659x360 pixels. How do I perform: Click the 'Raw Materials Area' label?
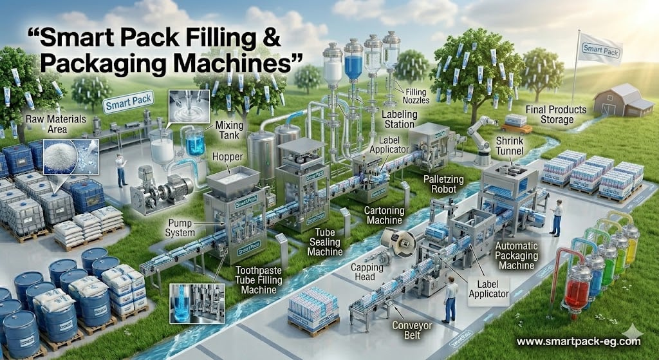[49, 124]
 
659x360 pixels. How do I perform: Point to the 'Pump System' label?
[182, 225]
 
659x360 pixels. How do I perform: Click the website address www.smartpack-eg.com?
[578, 341]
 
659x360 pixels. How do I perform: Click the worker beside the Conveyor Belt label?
[450, 298]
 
